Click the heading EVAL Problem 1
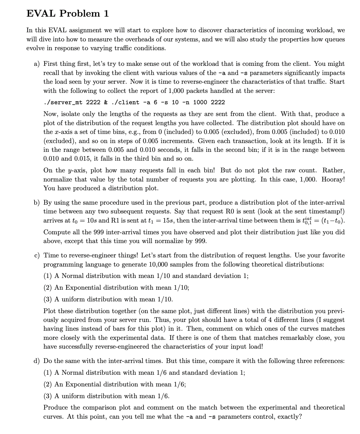[x=67, y=13]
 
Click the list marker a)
[x=37, y=64]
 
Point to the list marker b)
[x=37, y=203]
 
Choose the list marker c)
[x=37, y=255]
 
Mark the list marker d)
[x=37, y=361]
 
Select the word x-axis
[x=59, y=132]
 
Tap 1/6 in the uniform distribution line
[x=163, y=396]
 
